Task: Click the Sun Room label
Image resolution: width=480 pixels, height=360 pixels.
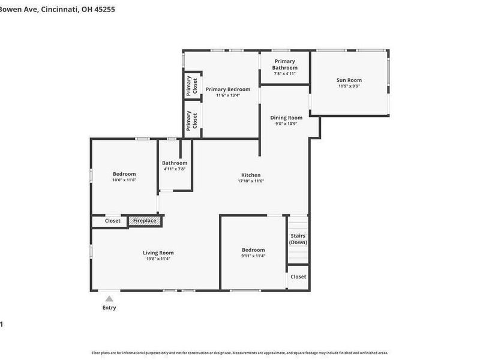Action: click(x=349, y=80)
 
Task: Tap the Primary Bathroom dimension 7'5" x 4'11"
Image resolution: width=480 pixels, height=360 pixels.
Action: click(x=285, y=74)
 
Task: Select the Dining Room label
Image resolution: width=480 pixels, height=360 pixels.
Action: click(x=286, y=118)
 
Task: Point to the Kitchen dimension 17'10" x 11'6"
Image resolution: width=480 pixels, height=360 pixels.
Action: click(x=251, y=181)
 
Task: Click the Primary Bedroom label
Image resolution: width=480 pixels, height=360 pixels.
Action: click(x=227, y=89)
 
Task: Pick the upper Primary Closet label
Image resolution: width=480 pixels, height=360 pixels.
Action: click(x=188, y=86)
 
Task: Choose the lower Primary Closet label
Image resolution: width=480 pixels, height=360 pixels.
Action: click(x=188, y=121)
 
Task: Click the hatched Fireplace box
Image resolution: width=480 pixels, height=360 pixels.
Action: click(x=145, y=221)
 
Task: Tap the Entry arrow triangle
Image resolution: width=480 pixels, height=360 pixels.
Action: click(x=109, y=298)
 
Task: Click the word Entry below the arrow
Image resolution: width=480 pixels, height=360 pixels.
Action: click(x=109, y=308)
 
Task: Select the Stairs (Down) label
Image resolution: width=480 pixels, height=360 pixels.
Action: click(x=298, y=239)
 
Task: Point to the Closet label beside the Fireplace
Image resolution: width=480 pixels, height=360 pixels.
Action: click(x=113, y=221)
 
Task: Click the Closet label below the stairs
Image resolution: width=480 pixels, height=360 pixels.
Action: click(x=298, y=277)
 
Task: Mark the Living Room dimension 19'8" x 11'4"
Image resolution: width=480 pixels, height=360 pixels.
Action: click(x=158, y=259)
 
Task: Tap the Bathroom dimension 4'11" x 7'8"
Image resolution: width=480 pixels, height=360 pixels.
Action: click(x=175, y=169)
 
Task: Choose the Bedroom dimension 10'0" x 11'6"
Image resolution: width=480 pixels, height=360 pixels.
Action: click(x=124, y=180)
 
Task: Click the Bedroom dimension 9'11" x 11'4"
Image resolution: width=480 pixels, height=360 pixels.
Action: click(x=253, y=256)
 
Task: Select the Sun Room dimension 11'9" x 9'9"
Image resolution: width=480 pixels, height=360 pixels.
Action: click(x=349, y=86)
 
